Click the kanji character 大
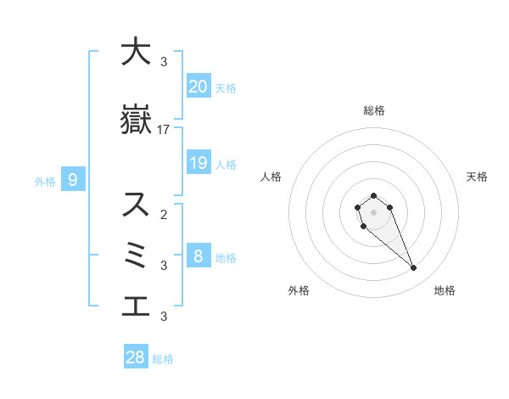tap(136, 52)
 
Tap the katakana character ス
tap(136, 205)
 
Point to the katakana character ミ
tap(136, 256)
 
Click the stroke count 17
tap(164, 130)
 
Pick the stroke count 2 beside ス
tap(164, 215)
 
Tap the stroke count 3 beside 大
tap(164, 62)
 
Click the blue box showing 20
tap(198, 86)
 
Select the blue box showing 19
tap(198, 162)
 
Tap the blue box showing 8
tap(198, 256)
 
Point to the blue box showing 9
tap(73, 179)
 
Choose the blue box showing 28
tap(136, 357)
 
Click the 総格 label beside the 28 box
tap(163, 359)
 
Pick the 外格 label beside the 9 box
tap(45, 181)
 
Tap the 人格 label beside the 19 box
tap(226, 164)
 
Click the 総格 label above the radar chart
tap(373, 110)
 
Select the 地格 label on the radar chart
tap(445, 290)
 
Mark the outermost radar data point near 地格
tap(414, 268)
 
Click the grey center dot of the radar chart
tap(373, 211)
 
